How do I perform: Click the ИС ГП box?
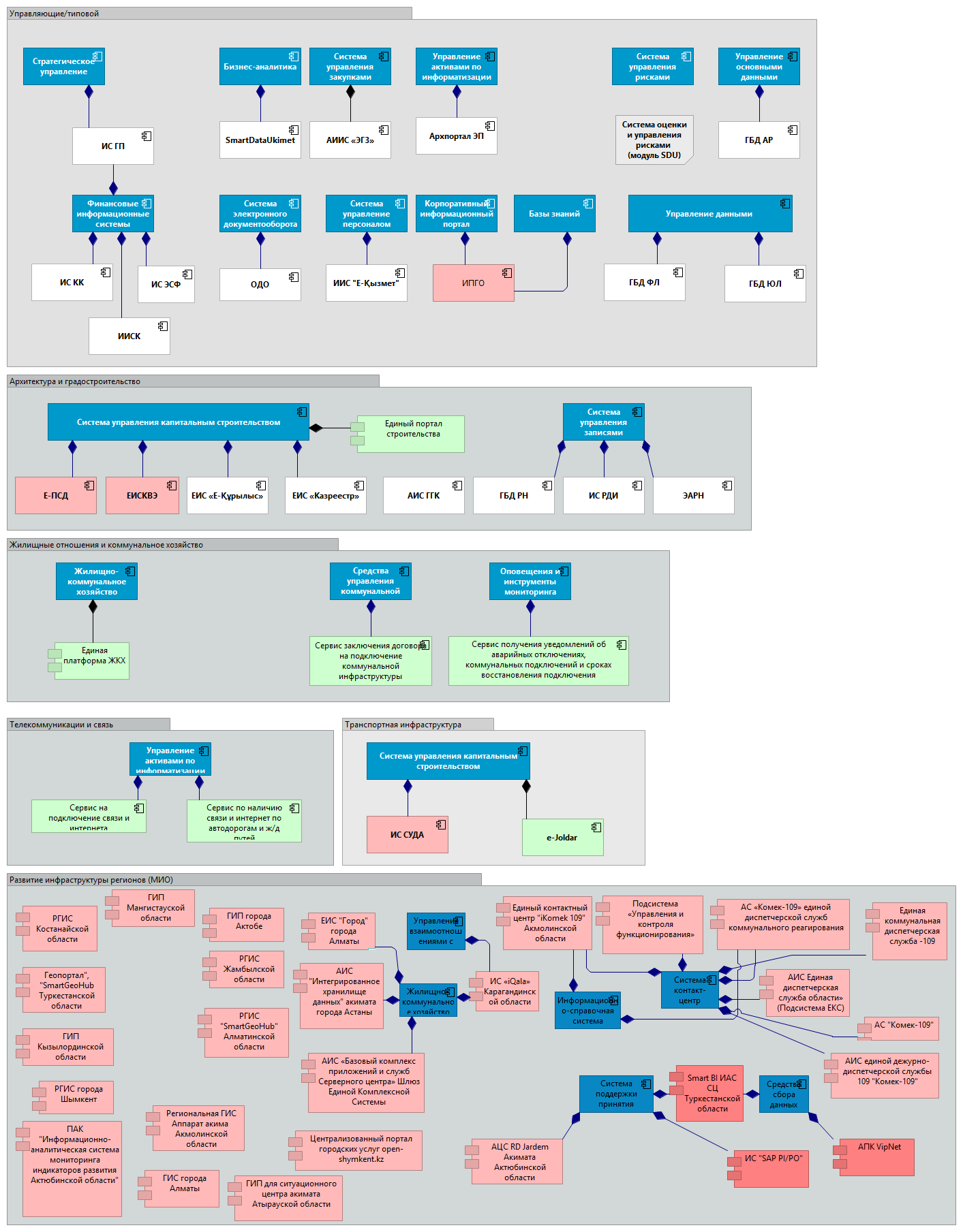click(113, 146)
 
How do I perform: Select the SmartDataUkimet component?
click(260, 140)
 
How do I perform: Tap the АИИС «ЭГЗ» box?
click(350, 140)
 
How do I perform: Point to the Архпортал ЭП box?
click(457, 136)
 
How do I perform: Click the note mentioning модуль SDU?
click(654, 140)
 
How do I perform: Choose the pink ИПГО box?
click(474, 283)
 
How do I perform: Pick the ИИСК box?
click(129, 336)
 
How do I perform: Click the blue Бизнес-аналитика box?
click(260, 67)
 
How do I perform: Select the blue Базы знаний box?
click(555, 214)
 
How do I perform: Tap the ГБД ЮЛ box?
click(765, 283)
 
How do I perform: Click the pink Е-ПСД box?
click(56, 495)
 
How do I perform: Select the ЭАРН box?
click(694, 495)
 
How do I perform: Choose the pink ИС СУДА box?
click(408, 834)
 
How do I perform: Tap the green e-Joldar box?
click(562, 837)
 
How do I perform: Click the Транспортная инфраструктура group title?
click(403, 725)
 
